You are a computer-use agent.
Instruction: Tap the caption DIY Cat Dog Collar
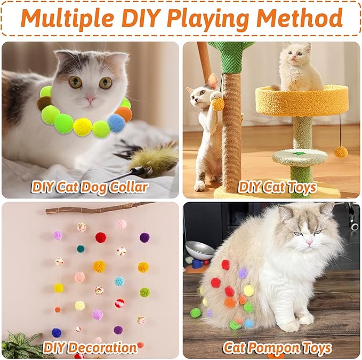coord(90,187)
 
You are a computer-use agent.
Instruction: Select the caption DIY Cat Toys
coord(277,187)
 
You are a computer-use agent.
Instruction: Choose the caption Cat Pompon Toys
coord(277,348)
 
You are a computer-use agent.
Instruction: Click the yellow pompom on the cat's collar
coord(82,126)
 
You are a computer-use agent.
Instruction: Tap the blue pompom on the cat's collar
coord(116,123)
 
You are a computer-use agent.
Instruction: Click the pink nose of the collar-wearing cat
coord(91,99)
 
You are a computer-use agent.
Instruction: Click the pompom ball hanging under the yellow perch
coord(341,152)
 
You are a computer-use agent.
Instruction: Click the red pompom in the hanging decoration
coord(101,237)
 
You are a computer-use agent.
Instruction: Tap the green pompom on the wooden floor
coord(196,313)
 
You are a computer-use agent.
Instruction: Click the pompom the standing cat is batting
coord(218,103)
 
